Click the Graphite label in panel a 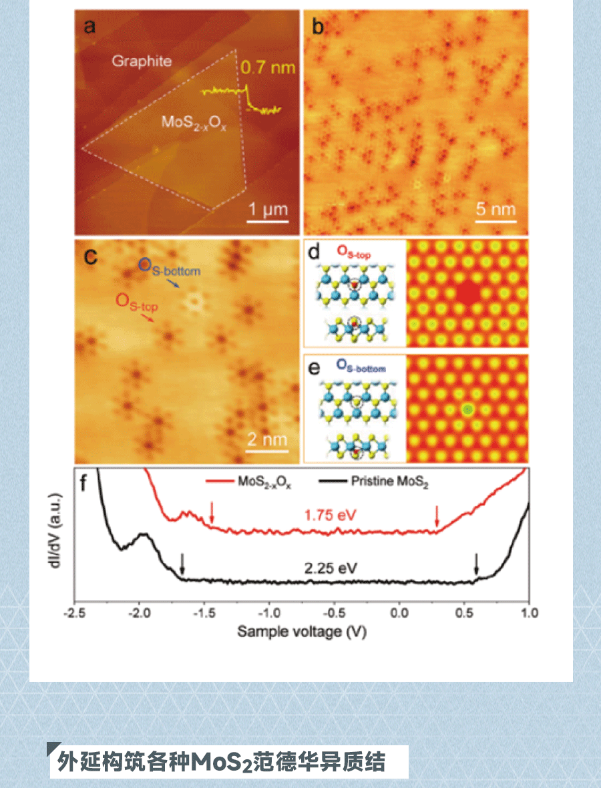141,61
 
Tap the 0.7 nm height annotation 267,68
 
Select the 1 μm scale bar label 268,210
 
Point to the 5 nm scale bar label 495,209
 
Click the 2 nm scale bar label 267,439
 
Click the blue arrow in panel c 172,284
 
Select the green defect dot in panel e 468,410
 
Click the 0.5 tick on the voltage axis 463,614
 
